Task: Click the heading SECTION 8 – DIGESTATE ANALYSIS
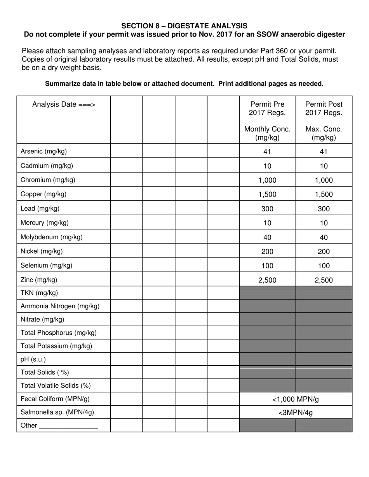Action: click(184, 26)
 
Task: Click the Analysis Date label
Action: click(64, 104)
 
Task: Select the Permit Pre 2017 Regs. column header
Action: click(267, 109)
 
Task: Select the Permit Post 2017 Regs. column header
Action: click(324, 109)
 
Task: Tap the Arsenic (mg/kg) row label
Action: click(44, 151)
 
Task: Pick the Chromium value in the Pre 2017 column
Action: click(267, 180)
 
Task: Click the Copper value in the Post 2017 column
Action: click(324, 195)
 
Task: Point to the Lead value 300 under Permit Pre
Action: click(267, 209)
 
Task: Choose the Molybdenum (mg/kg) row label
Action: click(51, 237)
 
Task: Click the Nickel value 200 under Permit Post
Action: click(324, 252)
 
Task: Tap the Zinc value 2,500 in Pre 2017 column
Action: click(267, 280)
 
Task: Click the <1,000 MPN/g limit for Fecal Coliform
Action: click(296, 399)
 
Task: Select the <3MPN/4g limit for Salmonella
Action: click(296, 413)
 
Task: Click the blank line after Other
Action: click(68, 426)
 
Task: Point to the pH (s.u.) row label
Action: click(33, 359)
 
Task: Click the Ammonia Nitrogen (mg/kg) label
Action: click(60, 306)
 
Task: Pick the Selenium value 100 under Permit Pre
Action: click(267, 266)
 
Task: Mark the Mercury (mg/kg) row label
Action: click(44, 223)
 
